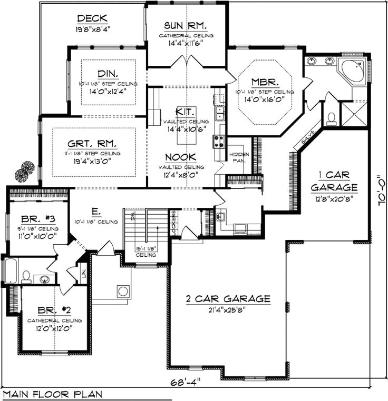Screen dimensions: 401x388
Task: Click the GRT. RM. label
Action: click(x=93, y=143)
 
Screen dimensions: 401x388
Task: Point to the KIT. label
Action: click(x=186, y=112)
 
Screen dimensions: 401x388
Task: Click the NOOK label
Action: click(x=181, y=157)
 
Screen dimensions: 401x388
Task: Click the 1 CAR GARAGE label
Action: click(x=334, y=181)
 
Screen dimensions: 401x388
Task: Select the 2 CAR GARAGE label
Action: click(x=228, y=299)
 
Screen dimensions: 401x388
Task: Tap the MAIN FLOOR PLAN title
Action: click(x=53, y=394)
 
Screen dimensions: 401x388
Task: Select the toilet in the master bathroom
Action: click(x=331, y=118)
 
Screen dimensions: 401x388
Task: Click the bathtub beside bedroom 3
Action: click(x=10, y=271)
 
